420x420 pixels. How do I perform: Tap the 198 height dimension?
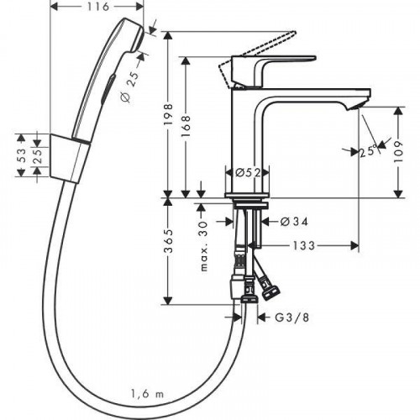pyautogui.click(x=169, y=113)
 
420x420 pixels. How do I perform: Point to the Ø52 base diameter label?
pyautogui.click(x=245, y=171)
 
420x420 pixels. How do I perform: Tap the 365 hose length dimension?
pyautogui.click(x=169, y=248)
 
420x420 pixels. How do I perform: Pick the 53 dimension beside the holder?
pyautogui.click(x=21, y=154)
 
